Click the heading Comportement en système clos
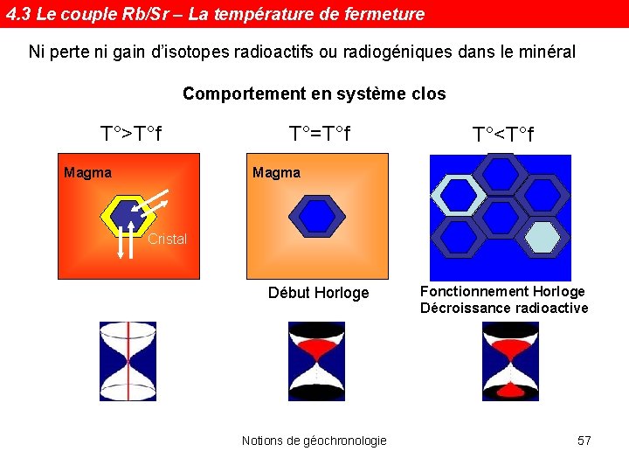coord(314,94)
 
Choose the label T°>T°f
coord(132,135)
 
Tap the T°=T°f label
coord(320,135)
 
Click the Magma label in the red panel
coord(87,172)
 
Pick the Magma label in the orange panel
coord(276,172)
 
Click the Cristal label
coord(167,239)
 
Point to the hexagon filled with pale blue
coord(542,236)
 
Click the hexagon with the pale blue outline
coord(458,194)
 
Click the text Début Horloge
coord(318,293)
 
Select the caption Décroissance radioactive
coord(504,308)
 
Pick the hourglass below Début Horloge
coord(316,361)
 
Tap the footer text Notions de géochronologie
coord(314,441)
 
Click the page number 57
coord(584,441)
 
